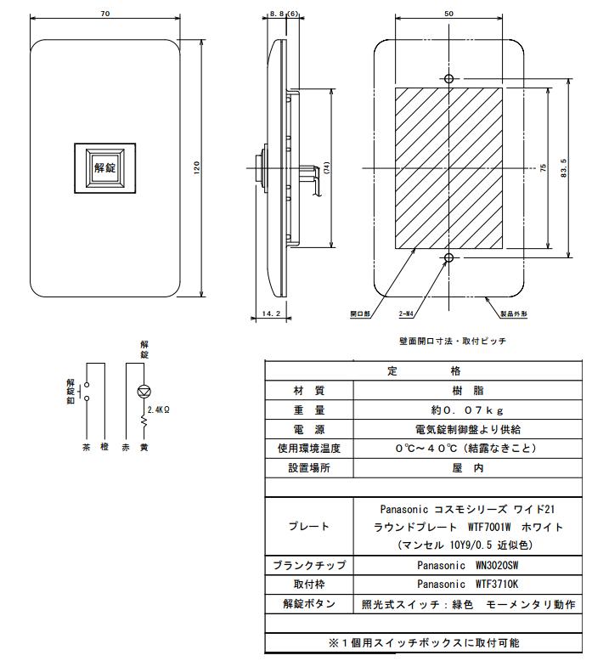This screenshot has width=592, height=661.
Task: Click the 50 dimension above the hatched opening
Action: coord(448,14)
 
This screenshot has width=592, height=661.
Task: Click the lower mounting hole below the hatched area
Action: coord(448,257)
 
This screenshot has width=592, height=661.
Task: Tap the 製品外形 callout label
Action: coord(514,314)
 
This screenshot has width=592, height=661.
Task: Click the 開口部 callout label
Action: coord(360,314)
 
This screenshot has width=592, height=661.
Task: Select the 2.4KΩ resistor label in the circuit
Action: coord(159,410)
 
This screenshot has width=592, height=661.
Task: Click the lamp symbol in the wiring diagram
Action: coord(144,393)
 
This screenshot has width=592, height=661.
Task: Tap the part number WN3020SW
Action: coord(460,564)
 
